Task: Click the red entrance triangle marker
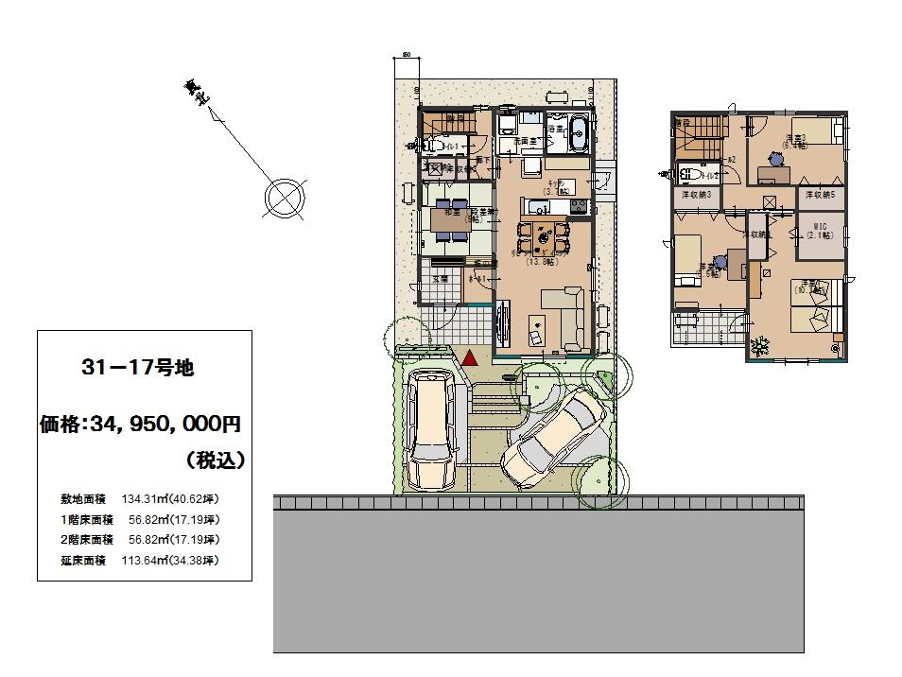(x=469, y=357)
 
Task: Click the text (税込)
(x=216, y=460)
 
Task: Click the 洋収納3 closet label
(x=697, y=194)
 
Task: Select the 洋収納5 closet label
(x=820, y=194)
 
